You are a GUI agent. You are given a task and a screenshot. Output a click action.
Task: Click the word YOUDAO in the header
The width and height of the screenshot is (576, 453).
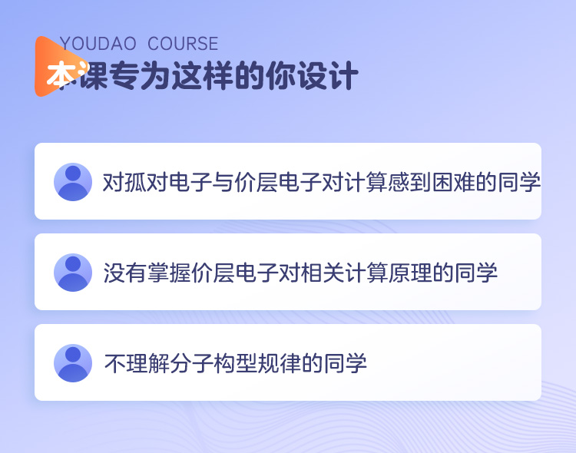point(98,44)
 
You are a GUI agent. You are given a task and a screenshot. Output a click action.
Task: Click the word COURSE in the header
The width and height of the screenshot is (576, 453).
point(183,44)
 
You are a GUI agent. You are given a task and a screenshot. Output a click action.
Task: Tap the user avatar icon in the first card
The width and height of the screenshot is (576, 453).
point(73,182)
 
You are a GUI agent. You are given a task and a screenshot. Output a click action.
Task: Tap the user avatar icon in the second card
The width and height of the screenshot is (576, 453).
point(73,273)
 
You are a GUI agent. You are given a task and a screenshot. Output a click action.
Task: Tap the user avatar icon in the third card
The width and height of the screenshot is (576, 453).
point(73,363)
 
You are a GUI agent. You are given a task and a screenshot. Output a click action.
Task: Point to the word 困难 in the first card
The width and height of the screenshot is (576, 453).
point(454,182)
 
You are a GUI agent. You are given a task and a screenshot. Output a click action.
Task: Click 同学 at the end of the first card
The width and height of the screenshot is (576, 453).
point(519,182)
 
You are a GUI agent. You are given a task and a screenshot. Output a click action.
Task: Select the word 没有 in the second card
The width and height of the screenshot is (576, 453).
point(125,273)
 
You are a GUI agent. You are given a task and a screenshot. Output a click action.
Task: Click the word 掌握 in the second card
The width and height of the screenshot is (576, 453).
point(169,273)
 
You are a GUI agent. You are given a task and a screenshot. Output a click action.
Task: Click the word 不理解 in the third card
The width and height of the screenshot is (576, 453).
point(137,363)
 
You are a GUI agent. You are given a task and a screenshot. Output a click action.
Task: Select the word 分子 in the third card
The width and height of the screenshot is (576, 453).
point(191,363)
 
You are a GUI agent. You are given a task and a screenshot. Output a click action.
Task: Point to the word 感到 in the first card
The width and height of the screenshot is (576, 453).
point(410,182)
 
